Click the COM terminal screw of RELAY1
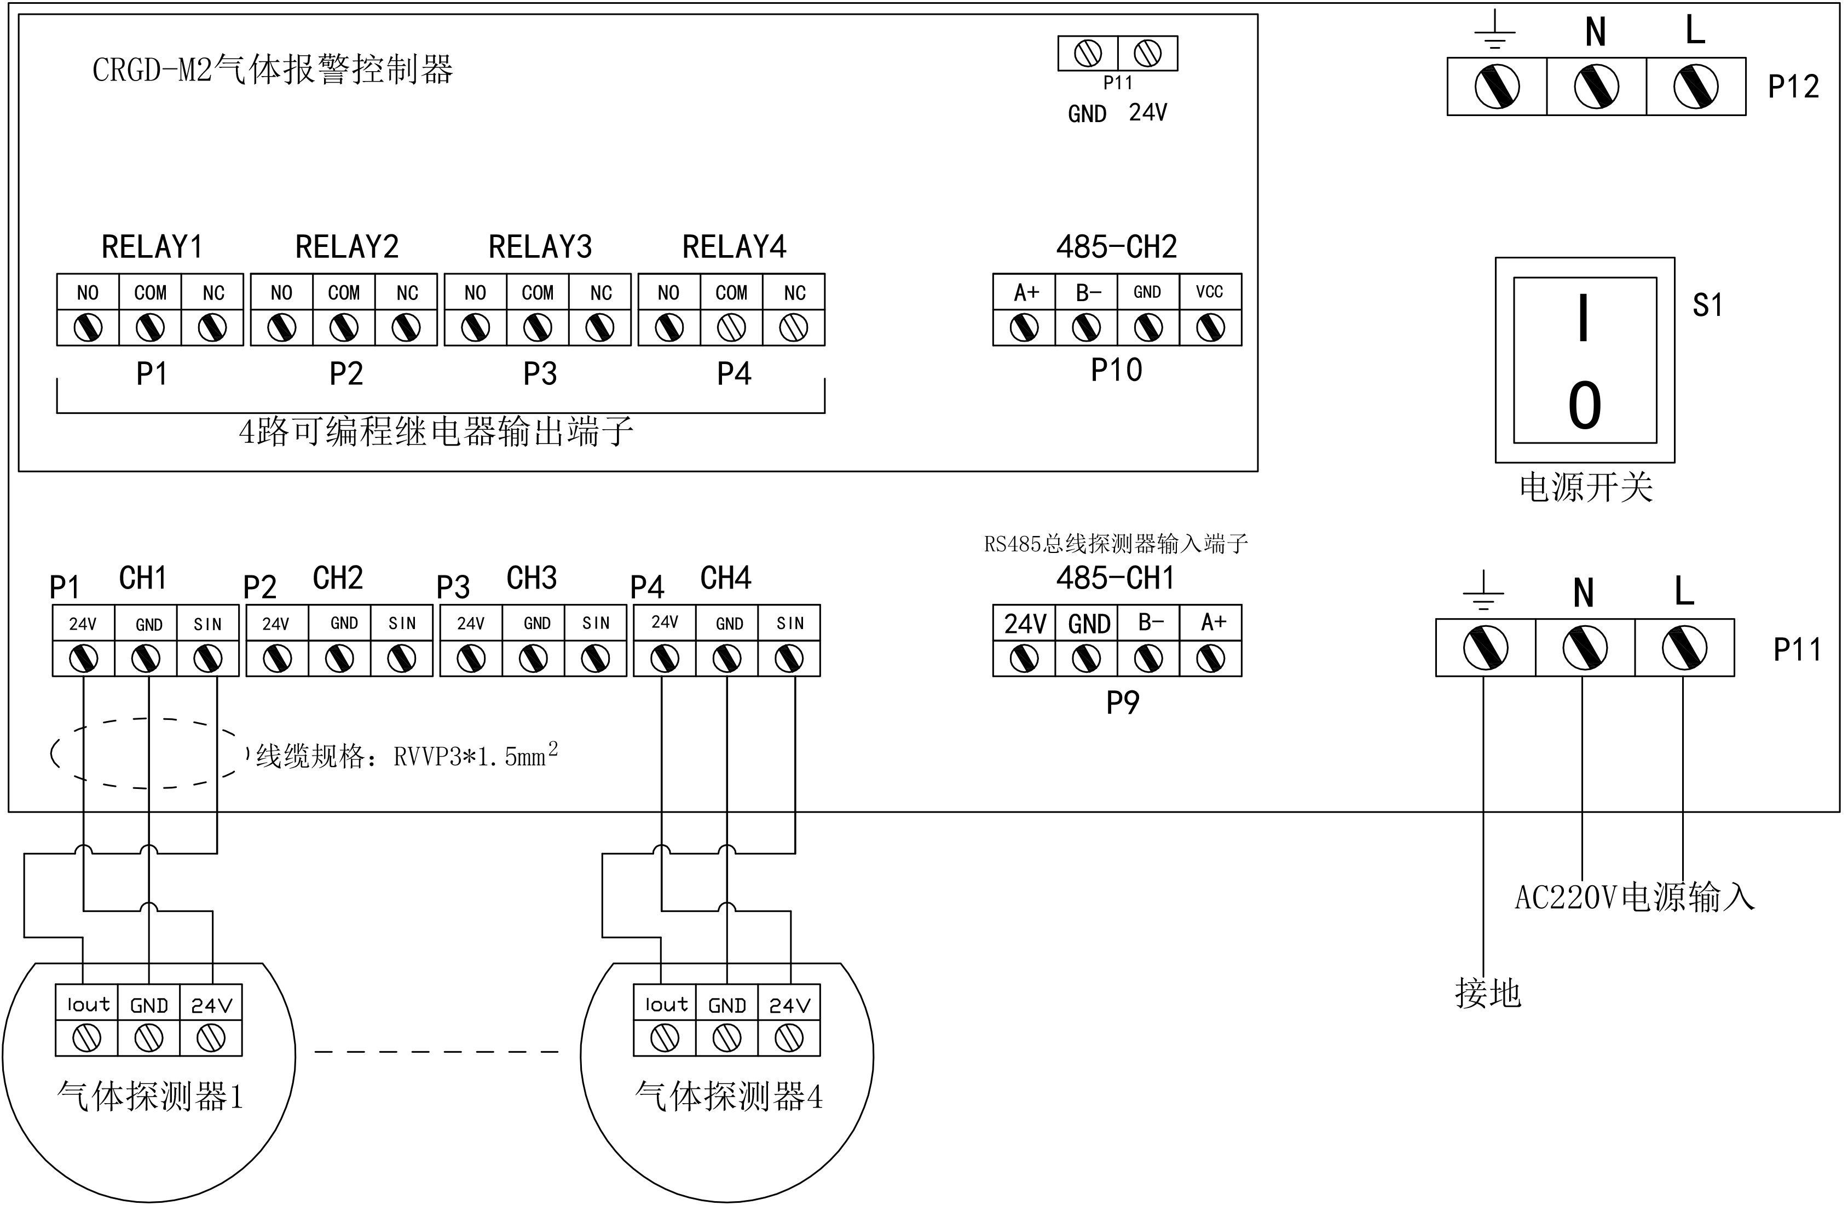[x=150, y=327]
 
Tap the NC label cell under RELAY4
[x=794, y=293]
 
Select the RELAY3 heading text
[x=540, y=247]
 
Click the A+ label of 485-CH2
[x=1025, y=293]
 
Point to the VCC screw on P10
[x=1210, y=327]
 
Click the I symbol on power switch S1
[x=1584, y=318]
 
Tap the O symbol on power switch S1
[x=1584, y=405]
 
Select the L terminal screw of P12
[x=1696, y=87]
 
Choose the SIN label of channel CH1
[x=207, y=624]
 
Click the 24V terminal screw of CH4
[x=665, y=659]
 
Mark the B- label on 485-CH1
[x=1150, y=622]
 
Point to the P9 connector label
[x=1122, y=702]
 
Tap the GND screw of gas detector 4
[x=727, y=1038]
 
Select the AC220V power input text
[x=1635, y=897]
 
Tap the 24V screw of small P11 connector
[x=1148, y=54]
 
